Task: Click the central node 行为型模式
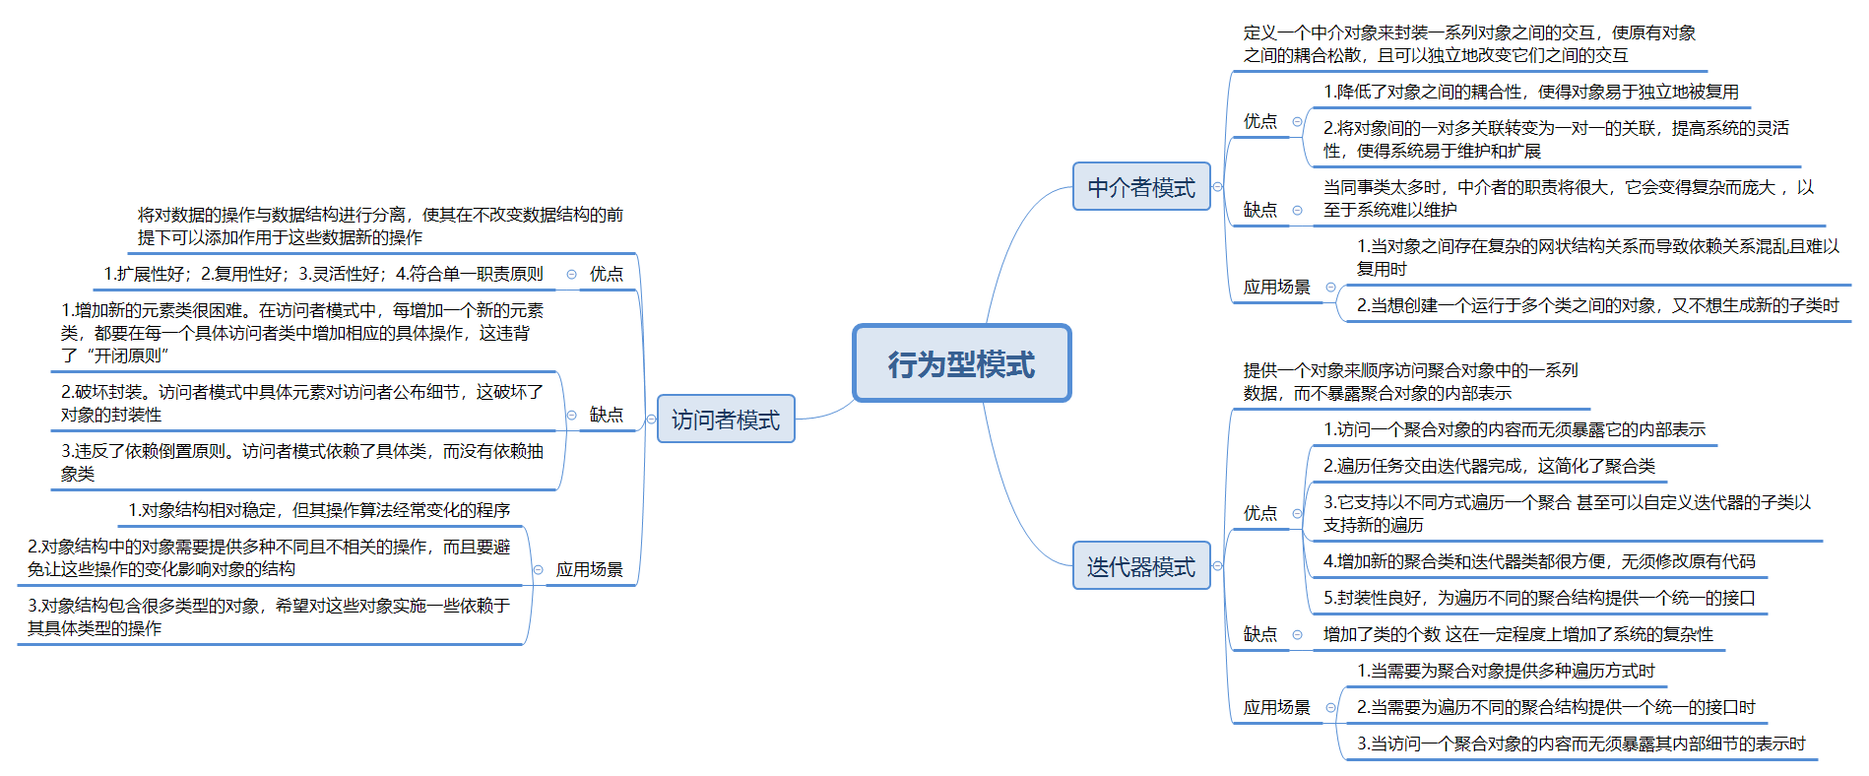(x=961, y=363)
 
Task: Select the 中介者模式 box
(x=1140, y=187)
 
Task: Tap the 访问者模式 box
(x=725, y=420)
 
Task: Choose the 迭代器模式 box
(x=1140, y=566)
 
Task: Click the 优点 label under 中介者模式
(x=1259, y=121)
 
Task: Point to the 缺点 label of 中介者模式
(x=1259, y=210)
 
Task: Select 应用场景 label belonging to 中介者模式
(x=1276, y=287)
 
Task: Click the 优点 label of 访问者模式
(x=606, y=274)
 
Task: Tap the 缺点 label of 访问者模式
(x=606, y=415)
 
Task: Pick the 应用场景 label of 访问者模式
(x=589, y=569)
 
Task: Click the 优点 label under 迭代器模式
(x=1259, y=513)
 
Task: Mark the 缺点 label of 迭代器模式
(x=1259, y=634)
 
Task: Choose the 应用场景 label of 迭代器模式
(x=1276, y=707)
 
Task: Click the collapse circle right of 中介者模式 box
(x=1218, y=186)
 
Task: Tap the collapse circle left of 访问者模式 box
(x=651, y=420)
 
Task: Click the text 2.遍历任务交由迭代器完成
(x=1489, y=466)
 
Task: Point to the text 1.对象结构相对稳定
(x=319, y=510)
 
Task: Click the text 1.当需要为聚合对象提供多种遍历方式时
(x=1505, y=671)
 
